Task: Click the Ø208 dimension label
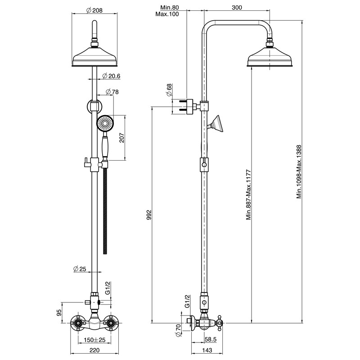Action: click(x=94, y=10)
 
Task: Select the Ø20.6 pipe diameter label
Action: click(x=111, y=76)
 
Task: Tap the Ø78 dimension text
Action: click(x=112, y=92)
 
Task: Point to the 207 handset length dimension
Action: click(x=121, y=138)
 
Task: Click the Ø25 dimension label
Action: click(x=80, y=268)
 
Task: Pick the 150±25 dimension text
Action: click(x=94, y=340)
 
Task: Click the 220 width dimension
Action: click(x=94, y=350)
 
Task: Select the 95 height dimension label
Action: click(x=59, y=312)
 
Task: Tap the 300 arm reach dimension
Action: click(x=237, y=8)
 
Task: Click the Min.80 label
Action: click(x=170, y=8)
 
